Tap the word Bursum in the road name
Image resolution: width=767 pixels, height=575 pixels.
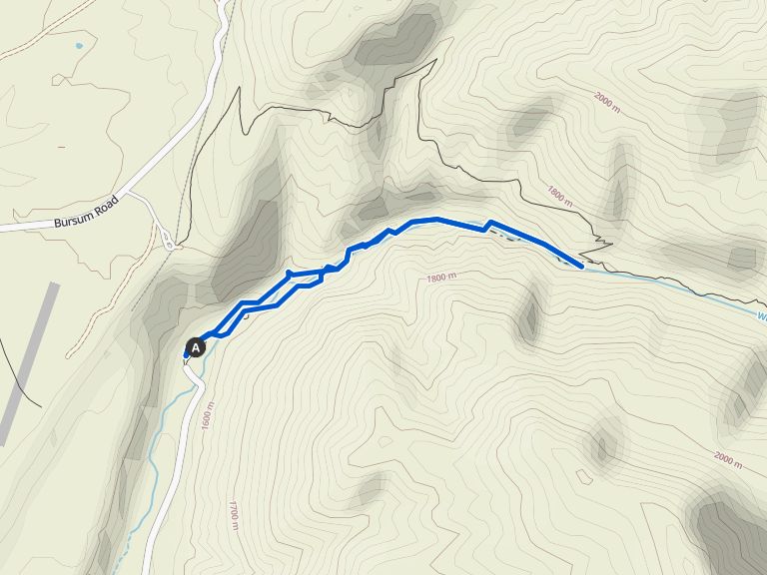click(72, 218)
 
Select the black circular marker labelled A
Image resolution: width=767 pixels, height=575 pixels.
click(196, 347)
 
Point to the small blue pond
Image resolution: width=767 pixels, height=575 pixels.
click(78, 45)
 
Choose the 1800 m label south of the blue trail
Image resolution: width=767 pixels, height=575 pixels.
click(440, 278)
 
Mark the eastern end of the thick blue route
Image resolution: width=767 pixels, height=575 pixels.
click(581, 266)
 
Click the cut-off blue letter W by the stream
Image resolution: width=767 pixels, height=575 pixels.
click(761, 317)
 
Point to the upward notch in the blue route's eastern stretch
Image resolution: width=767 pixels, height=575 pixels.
click(488, 224)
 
